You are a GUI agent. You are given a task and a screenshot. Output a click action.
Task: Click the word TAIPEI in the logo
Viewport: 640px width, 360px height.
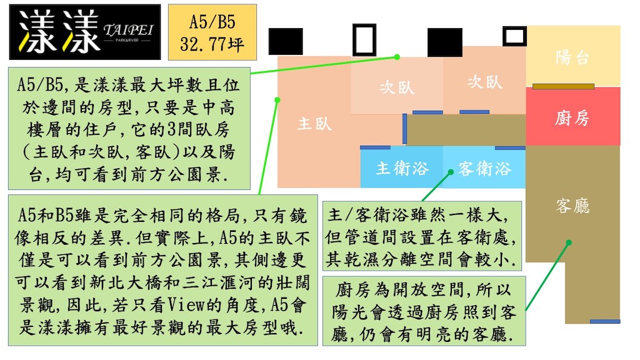pos(128,29)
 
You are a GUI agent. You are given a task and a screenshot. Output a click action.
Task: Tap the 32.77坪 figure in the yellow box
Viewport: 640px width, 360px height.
pos(212,44)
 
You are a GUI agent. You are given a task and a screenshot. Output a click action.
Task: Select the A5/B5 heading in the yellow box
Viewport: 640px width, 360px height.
pos(212,22)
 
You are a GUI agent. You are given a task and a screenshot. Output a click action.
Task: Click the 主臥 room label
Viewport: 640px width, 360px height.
pos(315,124)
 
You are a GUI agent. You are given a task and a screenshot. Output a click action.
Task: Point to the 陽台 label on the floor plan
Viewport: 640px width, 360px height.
pos(572,57)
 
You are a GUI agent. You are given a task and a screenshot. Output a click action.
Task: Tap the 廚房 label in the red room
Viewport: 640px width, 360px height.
pos(572,118)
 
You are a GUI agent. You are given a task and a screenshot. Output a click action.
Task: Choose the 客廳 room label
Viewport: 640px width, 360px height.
pos(572,206)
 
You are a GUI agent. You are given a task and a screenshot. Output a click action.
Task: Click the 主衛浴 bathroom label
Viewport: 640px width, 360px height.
pos(402,168)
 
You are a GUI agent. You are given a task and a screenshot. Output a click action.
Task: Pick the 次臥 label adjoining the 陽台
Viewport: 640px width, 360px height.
pos(484,82)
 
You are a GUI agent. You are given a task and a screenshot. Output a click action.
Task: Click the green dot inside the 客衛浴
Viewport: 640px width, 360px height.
pos(451,172)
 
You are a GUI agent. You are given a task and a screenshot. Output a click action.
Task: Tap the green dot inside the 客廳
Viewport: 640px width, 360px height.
pos(569,243)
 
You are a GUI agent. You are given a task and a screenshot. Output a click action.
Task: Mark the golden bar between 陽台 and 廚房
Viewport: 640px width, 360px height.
pos(563,86)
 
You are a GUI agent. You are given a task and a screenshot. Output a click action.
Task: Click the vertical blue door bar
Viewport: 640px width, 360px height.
pos(404,129)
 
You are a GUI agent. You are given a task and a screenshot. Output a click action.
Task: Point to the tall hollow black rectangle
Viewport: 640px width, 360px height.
pos(364,39)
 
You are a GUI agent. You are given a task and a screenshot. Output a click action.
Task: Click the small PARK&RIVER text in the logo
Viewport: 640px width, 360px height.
pos(127,41)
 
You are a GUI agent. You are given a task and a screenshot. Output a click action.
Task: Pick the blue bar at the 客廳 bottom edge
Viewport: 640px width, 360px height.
pos(605,322)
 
